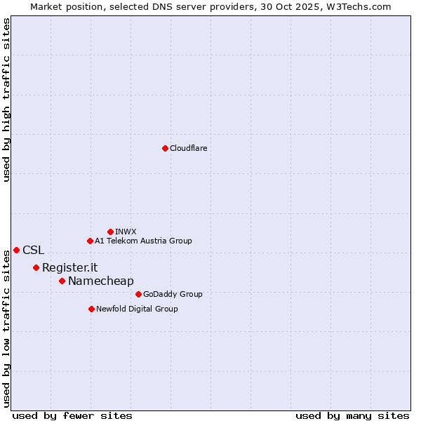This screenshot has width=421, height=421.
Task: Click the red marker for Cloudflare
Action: pos(165,148)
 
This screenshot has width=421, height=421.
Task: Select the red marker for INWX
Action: pos(110,232)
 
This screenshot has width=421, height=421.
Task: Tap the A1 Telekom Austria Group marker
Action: pos(90,241)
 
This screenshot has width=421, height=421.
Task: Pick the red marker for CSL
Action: pos(16,250)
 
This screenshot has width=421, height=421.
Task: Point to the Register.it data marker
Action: pos(36,267)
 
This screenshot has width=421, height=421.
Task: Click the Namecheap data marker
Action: pos(62,281)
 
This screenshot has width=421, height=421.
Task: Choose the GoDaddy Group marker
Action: pos(138,294)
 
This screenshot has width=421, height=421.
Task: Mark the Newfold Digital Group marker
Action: pos(91,309)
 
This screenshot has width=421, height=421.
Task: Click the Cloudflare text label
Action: pos(188,148)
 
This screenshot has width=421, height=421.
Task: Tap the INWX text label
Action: pos(126,232)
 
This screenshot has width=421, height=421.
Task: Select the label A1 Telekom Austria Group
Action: pos(143,241)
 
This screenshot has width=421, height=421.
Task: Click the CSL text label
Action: pos(33,250)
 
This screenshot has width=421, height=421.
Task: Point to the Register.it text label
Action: pos(69,267)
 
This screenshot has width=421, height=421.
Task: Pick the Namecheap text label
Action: pos(100,281)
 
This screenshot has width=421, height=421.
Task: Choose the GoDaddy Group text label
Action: pos(173,294)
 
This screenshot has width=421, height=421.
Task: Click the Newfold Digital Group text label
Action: pos(137,309)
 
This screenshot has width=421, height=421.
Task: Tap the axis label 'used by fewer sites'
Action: pos(72,415)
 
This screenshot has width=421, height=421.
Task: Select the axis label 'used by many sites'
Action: pos(352,415)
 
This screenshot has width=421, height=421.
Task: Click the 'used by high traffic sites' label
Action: pos(7,100)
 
